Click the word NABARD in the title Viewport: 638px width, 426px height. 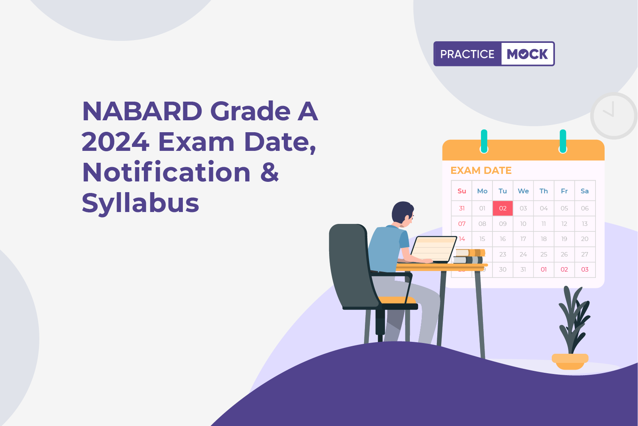point(142,111)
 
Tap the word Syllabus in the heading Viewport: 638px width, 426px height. point(140,203)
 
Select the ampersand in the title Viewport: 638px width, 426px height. point(270,172)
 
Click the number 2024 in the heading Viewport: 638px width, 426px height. point(115,142)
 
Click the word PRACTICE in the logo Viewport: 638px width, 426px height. point(467,54)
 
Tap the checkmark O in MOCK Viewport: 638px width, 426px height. point(524,54)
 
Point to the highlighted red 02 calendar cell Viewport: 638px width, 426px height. point(503,208)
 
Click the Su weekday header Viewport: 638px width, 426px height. point(462,191)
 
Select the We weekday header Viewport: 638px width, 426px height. point(523,191)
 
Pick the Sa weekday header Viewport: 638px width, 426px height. point(585,191)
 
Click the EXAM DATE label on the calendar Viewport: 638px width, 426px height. point(481,171)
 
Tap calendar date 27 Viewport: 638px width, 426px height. point(585,254)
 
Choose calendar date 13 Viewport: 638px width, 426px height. point(585,224)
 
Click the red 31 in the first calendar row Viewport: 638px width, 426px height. point(462,208)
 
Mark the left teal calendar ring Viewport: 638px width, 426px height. point(484,141)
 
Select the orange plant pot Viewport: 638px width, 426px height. point(570,361)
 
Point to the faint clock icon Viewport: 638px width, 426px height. point(613,116)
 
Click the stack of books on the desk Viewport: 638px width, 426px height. point(469,256)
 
